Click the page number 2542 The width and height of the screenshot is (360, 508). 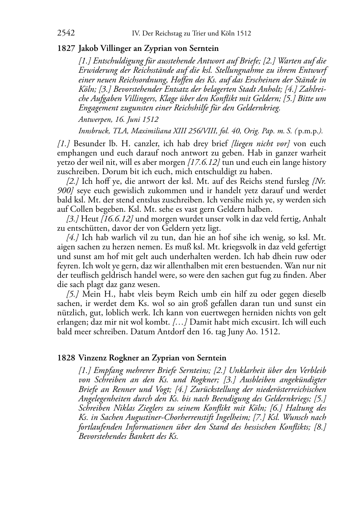coord(66,33)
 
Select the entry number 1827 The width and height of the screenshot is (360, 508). coord(66,48)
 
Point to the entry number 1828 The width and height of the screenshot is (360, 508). coord(66,358)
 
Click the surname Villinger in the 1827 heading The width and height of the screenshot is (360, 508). coord(119,48)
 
